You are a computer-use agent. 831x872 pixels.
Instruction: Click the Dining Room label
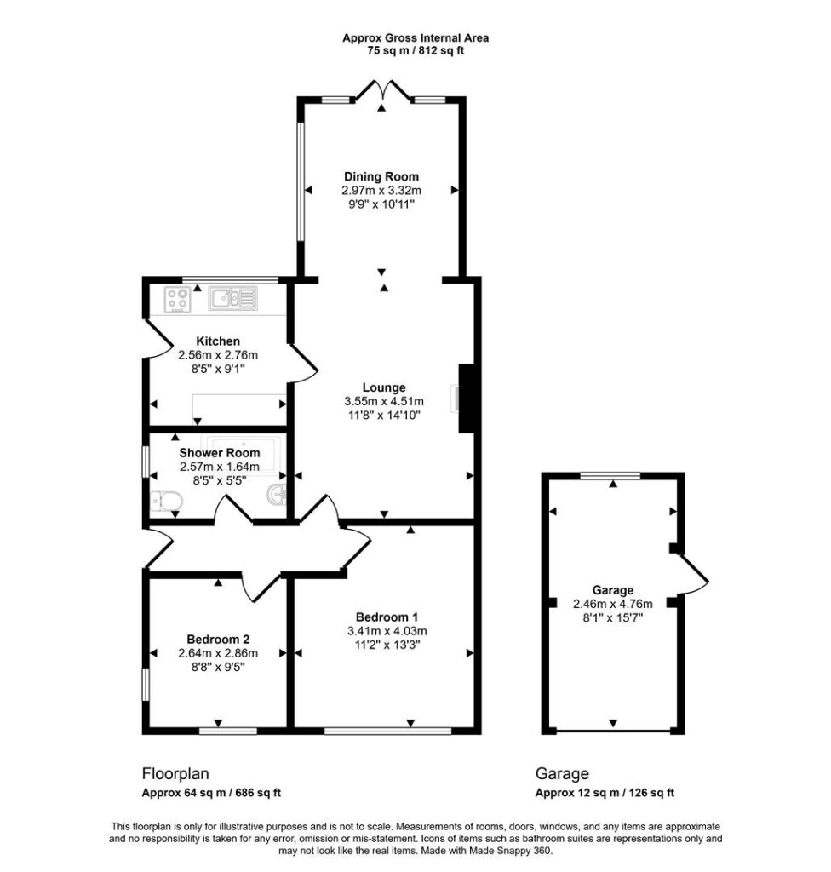pos(381,177)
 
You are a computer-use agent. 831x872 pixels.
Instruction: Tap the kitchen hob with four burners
pos(177,299)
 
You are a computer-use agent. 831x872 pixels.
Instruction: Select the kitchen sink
pos(233,299)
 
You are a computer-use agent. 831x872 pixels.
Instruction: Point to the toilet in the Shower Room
pos(166,501)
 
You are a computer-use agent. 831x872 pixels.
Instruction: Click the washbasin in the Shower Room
pos(277,495)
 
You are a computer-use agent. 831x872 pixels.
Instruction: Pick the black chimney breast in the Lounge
pos(466,399)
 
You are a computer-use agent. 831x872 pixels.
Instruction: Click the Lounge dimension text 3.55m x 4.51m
pos(384,402)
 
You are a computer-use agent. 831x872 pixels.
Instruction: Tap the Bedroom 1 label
pos(387,617)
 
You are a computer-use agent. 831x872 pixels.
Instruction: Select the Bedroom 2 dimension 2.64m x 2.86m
pos(218,653)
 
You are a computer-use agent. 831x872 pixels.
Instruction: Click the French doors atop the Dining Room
pos(382,90)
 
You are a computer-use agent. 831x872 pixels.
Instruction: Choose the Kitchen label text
pos(218,341)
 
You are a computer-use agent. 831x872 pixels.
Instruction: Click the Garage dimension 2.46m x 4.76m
pos(613,604)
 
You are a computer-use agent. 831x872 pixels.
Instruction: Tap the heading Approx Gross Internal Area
pos(415,38)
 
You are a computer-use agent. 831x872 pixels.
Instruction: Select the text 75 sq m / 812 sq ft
pos(415,51)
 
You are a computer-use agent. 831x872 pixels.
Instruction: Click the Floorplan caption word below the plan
pos(175,773)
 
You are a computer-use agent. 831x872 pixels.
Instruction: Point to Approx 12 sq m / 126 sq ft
pos(605,793)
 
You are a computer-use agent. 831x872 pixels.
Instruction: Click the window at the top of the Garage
pos(610,476)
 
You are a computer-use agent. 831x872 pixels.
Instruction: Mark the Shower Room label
pos(220,453)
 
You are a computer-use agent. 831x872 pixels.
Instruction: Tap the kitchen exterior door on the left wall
pos(159,337)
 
